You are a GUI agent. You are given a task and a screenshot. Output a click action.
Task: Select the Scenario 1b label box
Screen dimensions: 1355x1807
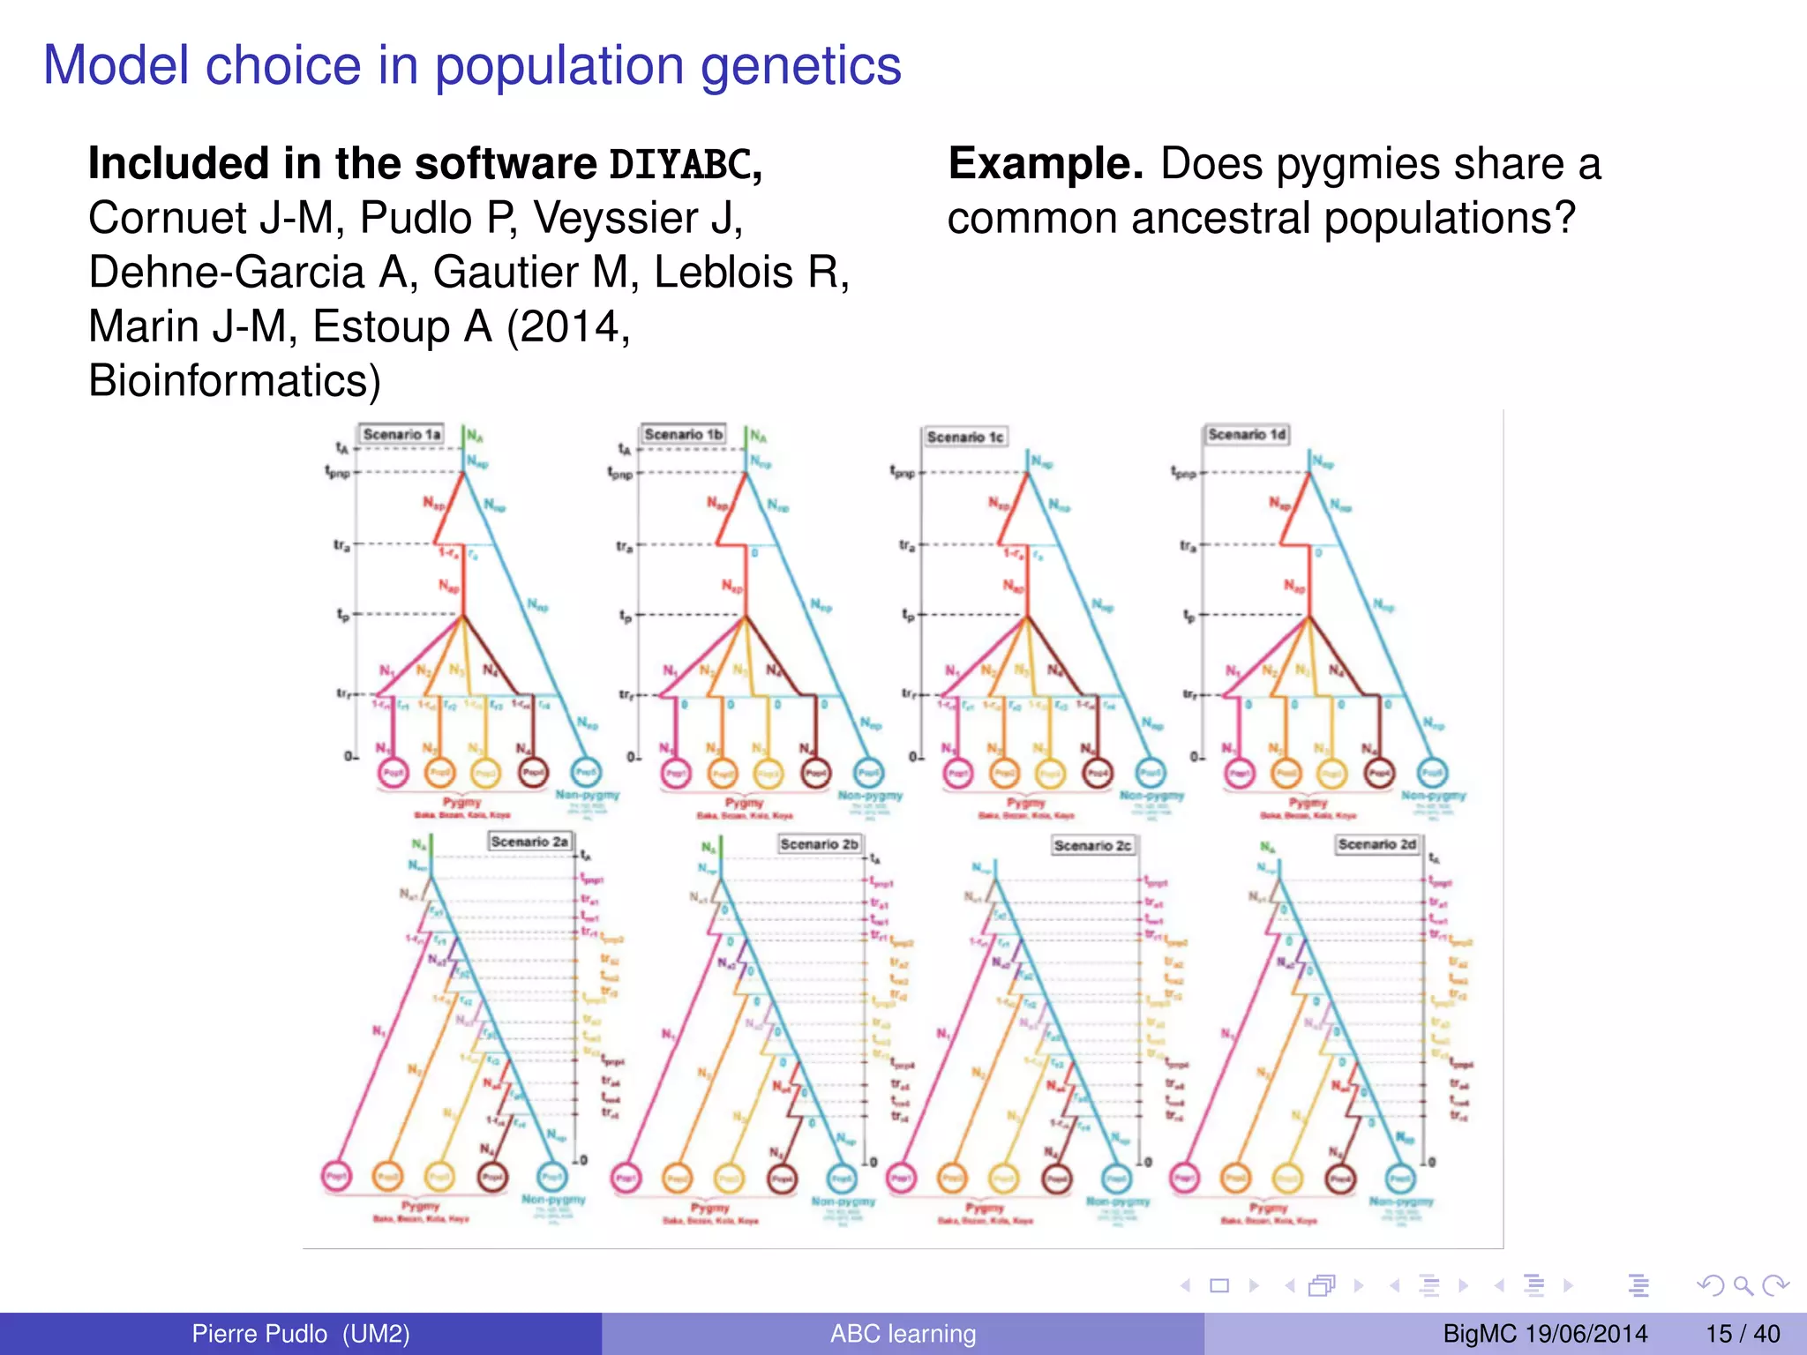(x=683, y=434)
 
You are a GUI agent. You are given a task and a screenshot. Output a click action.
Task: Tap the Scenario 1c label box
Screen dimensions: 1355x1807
(x=964, y=437)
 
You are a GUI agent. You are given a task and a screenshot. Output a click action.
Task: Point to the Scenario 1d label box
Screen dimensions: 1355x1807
(x=1247, y=434)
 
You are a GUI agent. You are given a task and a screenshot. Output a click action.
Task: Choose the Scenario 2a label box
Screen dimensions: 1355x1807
(x=529, y=842)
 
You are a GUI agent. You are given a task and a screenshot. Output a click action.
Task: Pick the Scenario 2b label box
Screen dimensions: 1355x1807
(x=819, y=844)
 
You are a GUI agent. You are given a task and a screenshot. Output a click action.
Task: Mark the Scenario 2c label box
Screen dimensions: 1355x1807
(x=1091, y=845)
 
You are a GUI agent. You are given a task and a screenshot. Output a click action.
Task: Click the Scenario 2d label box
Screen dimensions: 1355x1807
(x=1376, y=844)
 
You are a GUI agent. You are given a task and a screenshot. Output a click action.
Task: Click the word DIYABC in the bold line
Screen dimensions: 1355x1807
(x=680, y=165)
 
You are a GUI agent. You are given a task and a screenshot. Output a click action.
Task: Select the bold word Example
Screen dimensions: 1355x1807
(x=1046, y=164)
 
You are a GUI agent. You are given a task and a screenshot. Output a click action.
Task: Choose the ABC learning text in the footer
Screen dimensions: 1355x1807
(x=903, y=1334)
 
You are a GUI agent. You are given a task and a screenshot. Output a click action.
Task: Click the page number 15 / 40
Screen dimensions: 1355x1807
(x=1743, y=1334)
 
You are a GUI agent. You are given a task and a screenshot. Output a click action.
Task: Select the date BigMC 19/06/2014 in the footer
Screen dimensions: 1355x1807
(x=1545, y=1334)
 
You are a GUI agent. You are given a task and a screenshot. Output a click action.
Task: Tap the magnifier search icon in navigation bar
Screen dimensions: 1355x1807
(x=1742, y=1286)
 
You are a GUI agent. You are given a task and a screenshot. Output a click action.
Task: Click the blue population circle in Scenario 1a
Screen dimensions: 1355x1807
(x=586, y=773)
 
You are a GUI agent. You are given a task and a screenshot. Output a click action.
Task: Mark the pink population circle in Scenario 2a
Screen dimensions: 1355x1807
(x=336, y=1176)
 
